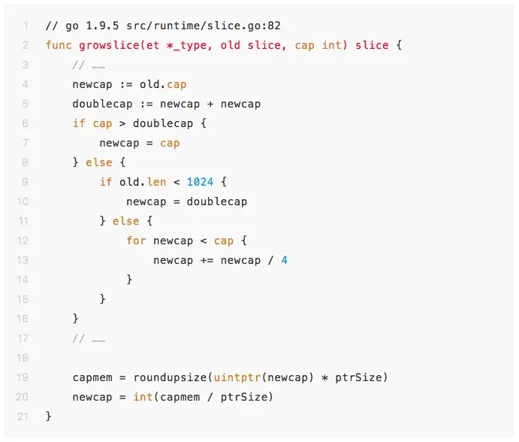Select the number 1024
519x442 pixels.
(x=201, y=182)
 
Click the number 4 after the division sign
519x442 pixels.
(x=285, y=260)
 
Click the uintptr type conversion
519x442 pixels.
(x=234, y=377)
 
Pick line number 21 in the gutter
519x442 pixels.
(x=23, y=416)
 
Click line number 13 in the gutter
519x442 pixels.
(x=23, y=260)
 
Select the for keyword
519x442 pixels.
(x=136, y=241)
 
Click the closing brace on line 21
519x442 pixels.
(x=48, y=416)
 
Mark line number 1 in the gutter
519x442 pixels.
(x=25, y=26)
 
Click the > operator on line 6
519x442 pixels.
(x=122, y=123)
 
